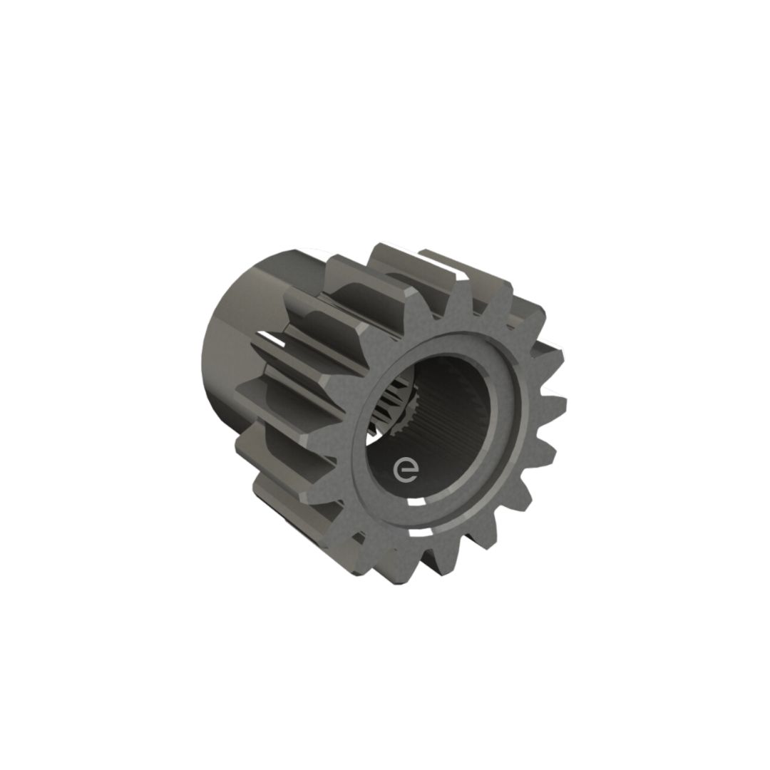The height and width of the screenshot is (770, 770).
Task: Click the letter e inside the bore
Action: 406,471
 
